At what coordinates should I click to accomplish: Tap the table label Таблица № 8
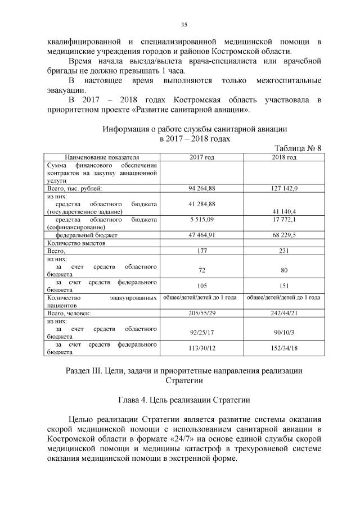[298, 148]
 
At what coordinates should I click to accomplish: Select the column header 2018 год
[284, 157]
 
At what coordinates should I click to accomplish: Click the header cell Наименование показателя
[102, 157]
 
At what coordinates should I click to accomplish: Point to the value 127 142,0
[284, 188]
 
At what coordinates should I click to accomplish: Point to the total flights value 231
[284, 251]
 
